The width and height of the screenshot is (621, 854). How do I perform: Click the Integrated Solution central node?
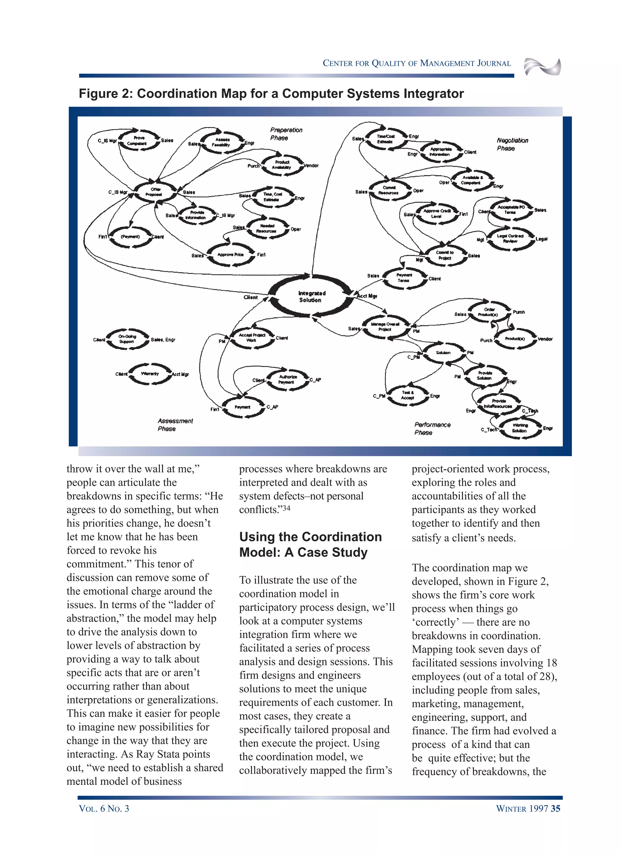[x=311, y=296]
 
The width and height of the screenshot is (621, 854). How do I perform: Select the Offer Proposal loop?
[x=155, y=192]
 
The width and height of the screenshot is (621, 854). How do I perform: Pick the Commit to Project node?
[x=445, y=255]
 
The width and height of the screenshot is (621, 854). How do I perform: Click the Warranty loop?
[x=150, y=374]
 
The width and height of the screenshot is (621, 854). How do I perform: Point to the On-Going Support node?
[x=127, y=339]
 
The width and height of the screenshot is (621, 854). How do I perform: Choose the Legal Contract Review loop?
[x=510, y=238]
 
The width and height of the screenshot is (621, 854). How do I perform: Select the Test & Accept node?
[x=408, y=395]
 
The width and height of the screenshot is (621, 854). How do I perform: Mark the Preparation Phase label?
[x=285, y=134]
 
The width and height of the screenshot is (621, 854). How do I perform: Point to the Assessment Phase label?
[x=175, y=425]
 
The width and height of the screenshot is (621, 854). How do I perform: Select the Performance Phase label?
[x=432, y=429]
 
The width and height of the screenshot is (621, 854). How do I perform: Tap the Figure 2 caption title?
[x=271, y=93]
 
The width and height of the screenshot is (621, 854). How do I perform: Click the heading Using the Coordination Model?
[x=310, y=544]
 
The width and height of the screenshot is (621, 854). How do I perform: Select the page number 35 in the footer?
[x=555, y=809]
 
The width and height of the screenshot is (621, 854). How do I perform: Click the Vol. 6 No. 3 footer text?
[x=104, y=809]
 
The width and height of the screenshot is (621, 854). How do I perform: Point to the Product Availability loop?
[x=282, y=165]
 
